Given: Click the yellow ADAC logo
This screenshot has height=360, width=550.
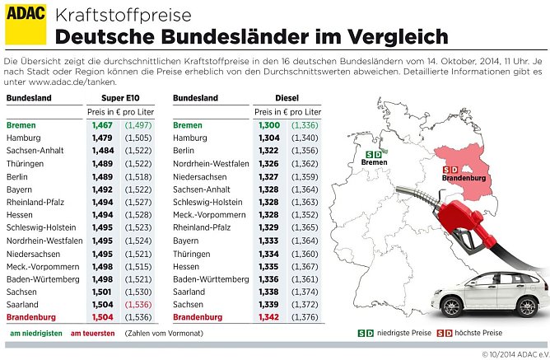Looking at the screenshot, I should click(25, 25).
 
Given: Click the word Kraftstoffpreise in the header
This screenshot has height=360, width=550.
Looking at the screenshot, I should click(123, 16).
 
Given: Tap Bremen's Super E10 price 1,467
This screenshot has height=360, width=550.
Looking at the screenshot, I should click(103, 125).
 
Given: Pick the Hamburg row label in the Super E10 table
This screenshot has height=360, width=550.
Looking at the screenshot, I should click(23, 138).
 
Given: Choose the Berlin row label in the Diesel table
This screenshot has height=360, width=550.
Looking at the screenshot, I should click(185, 152).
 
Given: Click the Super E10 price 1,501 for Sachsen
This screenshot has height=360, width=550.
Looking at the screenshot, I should click(103, 292).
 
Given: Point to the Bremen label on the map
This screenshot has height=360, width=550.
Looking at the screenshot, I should click(375, 163).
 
